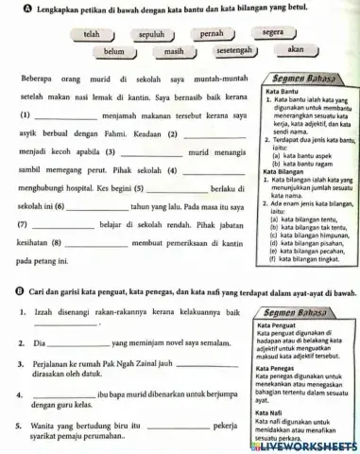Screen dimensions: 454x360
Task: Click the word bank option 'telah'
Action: click(x=93, y=34)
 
